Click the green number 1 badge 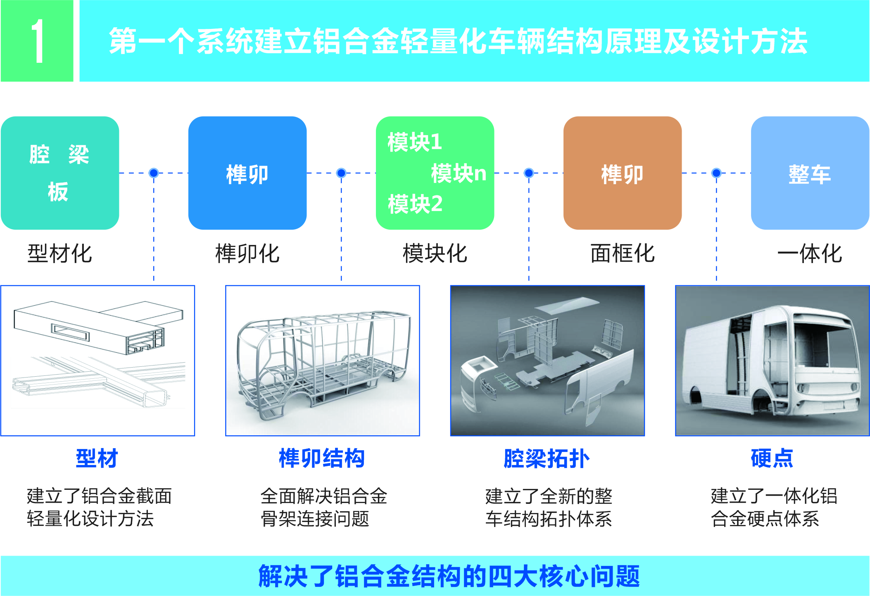tap(37, 41)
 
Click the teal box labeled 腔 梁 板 tap(60, 173)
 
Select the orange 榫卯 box tap(622, 173)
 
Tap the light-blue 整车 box tap(810, 173)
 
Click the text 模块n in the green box tap(459, 173)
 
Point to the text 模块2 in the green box tap(415, 204)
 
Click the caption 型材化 tap(60, 253)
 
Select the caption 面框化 tap(623, 253)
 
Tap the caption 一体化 tap(810, 253)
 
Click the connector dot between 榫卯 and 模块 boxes tap(341, 173)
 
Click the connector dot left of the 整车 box tap(716, 173)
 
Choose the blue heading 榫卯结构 tap(322, 458)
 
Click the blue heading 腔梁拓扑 tap(547, 458)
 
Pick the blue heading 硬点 tap(772, 458)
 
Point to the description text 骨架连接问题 tap(315, 519)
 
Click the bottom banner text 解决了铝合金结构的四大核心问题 tap(449, 576)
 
